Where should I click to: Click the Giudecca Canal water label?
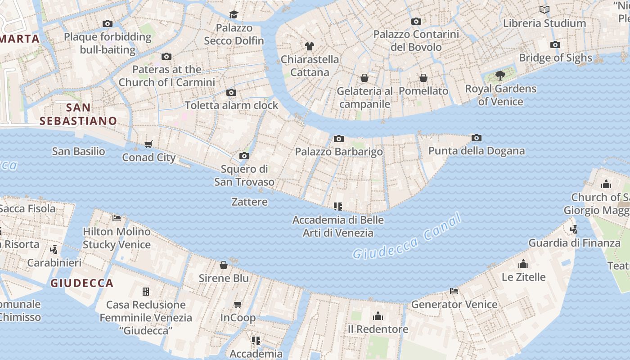point(407,237)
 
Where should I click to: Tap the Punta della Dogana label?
point(476,151)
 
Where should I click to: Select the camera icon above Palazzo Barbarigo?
point(339,139)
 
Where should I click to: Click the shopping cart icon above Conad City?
point(148,144)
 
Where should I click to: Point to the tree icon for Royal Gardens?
point(500,75)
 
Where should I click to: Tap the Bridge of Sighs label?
point(555,58)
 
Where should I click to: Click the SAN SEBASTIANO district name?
point(78,114)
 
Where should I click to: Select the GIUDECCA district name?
point(82,283)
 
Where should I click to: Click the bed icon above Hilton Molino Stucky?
point(117,218)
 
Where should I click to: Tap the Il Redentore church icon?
point(378,316)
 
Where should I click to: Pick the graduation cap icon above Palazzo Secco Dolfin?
point(234,14)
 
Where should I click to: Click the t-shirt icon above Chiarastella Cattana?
point(309,46)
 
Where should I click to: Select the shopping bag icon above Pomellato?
point(423,78)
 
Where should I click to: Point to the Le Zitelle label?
point(523,277)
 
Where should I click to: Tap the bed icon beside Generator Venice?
point(454,291)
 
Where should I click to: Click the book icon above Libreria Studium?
point(544,9)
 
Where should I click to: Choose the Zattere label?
point(249,202)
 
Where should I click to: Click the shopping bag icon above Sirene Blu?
point(224,265)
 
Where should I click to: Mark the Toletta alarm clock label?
point(231,105)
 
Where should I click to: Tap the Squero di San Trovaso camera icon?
point(244,156)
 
